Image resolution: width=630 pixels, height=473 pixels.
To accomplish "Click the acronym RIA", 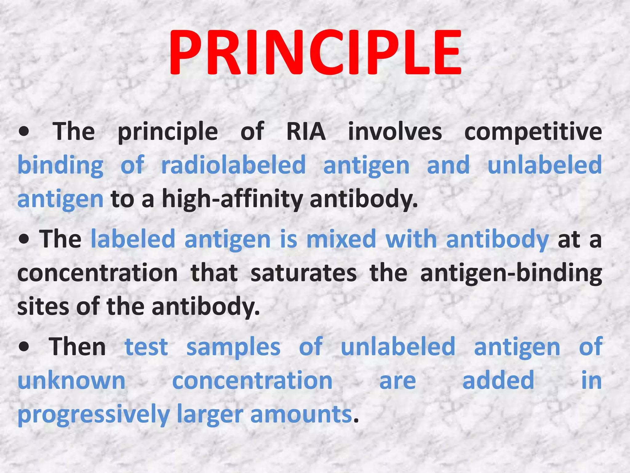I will pos(306,132).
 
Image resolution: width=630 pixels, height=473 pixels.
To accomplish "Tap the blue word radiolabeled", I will pos(233,165).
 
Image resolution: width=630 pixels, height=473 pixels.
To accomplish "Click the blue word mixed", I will pos(341,239).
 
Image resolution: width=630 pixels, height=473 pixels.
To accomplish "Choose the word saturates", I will pos(304,273).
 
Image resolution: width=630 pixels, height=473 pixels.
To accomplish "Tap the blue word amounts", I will pos(301,414).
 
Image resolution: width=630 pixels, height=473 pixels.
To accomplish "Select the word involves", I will pos(395,132).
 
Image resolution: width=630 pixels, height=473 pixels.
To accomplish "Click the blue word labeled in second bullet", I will pos(133,239).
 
